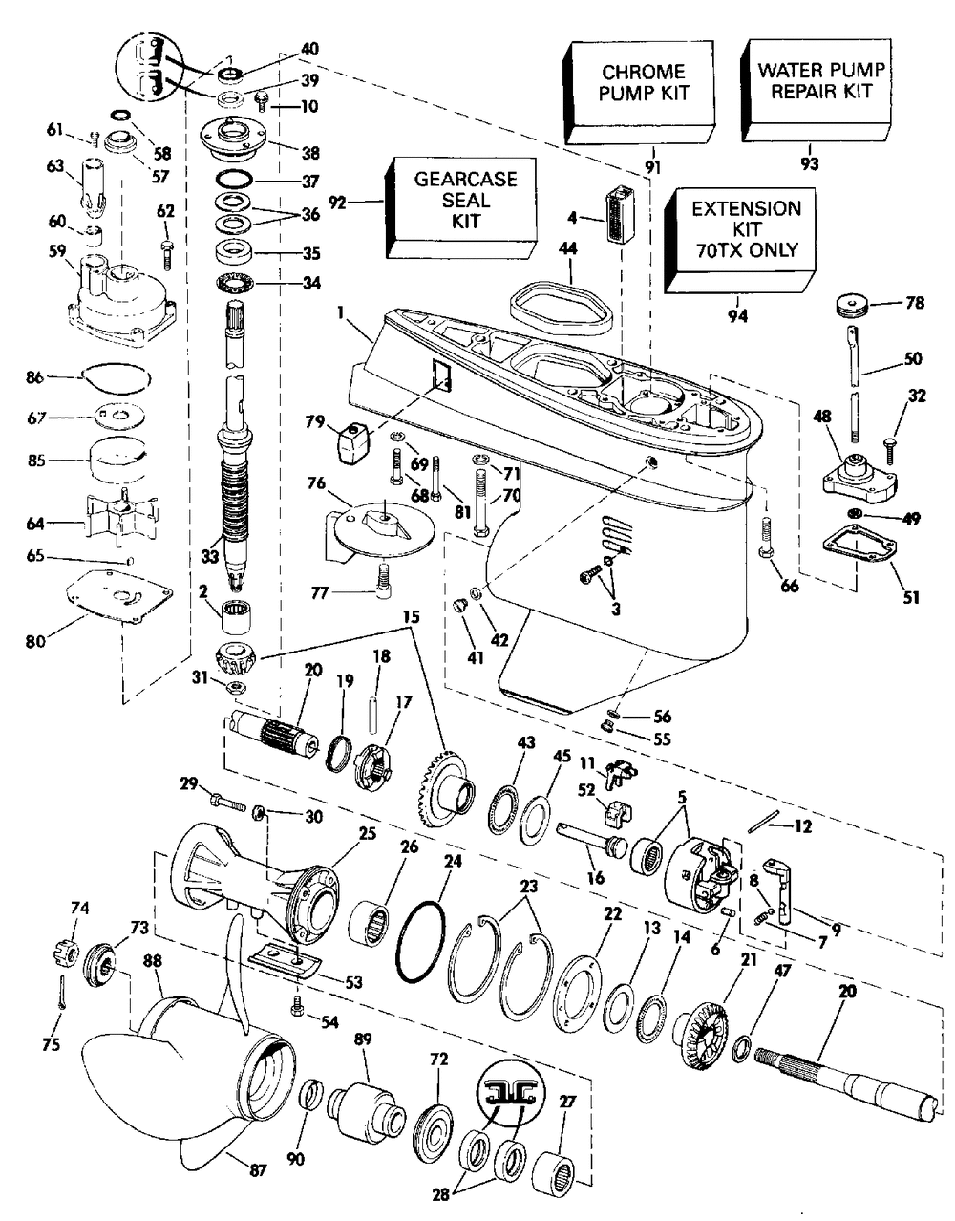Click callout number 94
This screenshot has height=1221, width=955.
click(x=736, y=314)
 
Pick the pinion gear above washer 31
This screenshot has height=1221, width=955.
click(x=233, y=659)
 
